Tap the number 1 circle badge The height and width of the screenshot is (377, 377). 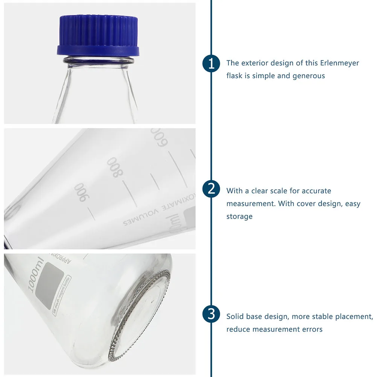[211, 63]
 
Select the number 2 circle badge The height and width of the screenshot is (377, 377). [211, 189]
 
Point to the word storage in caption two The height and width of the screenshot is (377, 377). [239, 216]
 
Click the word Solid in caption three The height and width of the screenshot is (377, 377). [235, 316]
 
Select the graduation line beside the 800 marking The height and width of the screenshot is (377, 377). [129, 190]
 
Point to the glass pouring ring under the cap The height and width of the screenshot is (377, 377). [99, 60]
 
